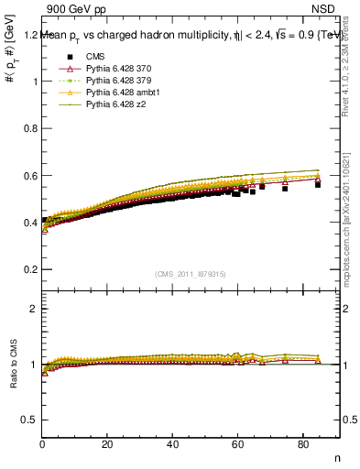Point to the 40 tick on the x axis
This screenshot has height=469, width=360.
point(172,445)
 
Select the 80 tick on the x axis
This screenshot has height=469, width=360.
point(302,445)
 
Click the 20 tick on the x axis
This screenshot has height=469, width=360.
point(107,445)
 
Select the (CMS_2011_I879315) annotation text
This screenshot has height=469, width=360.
point(191,274)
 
